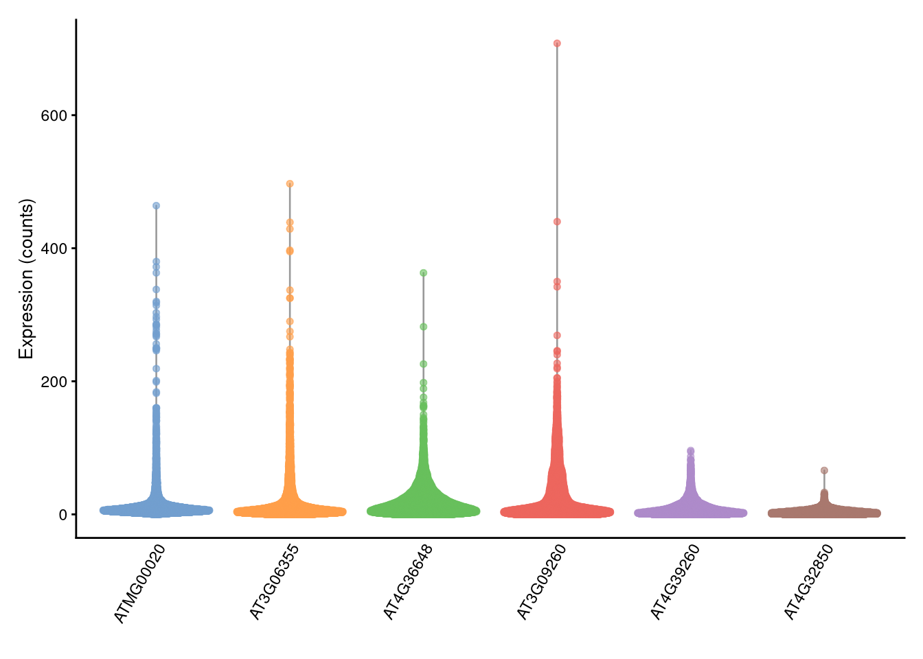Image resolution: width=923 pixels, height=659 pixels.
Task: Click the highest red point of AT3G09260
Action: click(557, 43)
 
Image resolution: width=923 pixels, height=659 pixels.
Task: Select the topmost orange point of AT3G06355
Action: click(290, 184)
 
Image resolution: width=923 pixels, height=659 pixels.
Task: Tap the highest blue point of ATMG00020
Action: click(156, 206)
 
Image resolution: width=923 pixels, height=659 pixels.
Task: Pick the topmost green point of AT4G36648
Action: click(424, 273)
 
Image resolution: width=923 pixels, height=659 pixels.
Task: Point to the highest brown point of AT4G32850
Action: click(824, 471)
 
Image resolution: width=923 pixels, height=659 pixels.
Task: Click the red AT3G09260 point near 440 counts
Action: click(557, 222)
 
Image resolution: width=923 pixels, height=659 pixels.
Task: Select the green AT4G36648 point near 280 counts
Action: click(424, 327)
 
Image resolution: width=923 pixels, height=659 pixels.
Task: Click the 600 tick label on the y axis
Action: click(54, 115)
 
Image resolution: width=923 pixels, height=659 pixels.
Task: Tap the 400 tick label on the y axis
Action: click(54, 248)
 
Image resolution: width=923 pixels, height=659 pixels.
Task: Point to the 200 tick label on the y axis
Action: click(54, 382)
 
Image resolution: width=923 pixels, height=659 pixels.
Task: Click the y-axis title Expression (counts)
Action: click(26, 279)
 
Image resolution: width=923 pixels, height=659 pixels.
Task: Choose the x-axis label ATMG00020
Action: click(140, 584)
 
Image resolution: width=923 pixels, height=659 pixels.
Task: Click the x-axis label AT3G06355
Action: click(275, 583)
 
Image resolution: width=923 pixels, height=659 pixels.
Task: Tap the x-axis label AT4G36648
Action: click(409, 583)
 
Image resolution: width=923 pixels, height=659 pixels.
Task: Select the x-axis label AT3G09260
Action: click(542, 583)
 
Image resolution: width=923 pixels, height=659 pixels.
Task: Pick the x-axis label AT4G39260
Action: click(676, 583)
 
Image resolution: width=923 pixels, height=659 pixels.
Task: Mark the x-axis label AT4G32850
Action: click(809, 583)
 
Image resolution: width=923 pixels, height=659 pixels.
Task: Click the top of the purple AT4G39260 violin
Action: click(691, 451)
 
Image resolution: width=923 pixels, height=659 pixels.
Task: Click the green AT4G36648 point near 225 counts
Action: click(424, 364)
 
